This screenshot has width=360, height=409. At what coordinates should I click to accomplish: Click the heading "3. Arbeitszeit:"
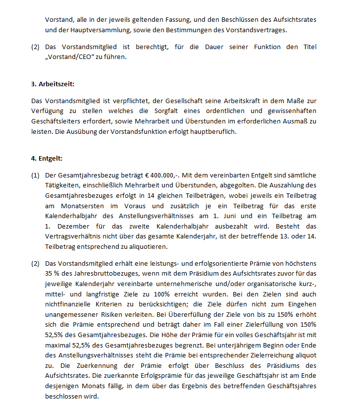tap(53, 84)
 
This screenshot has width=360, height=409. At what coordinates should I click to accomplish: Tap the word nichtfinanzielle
tap(67, 304)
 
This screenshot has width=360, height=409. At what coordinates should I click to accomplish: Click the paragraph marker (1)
tap(35, 175)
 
